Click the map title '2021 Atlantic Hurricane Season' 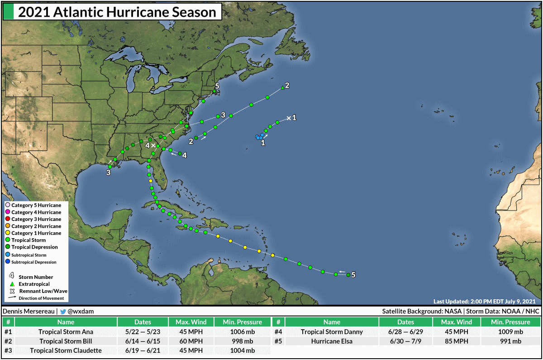pyautogui.click(x=117, y=12)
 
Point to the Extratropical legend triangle pyautogui.click(x=12, y=283)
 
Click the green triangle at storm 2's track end pyautogui.click(x=282, y=87)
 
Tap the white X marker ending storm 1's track pyautogui.click(x=289, y=118)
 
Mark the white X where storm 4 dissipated pyautogui.click(x=153, y=145)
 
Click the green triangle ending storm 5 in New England pyautogui.click(x=214, y=91)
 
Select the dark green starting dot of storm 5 pyautogui.click(x=348, y=275)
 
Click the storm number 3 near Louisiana pyautogui.click(x=109, y=172)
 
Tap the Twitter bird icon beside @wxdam pyautogui.click(x=63, y=312)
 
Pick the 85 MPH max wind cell pyautogui.click(x=457, y=341)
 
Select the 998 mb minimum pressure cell pyautogui.click(x=242, y=341)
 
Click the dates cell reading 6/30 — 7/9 pyautogui.click(x=405, y=341)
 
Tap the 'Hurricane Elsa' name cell pyautogui.click(x=332, y=341)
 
